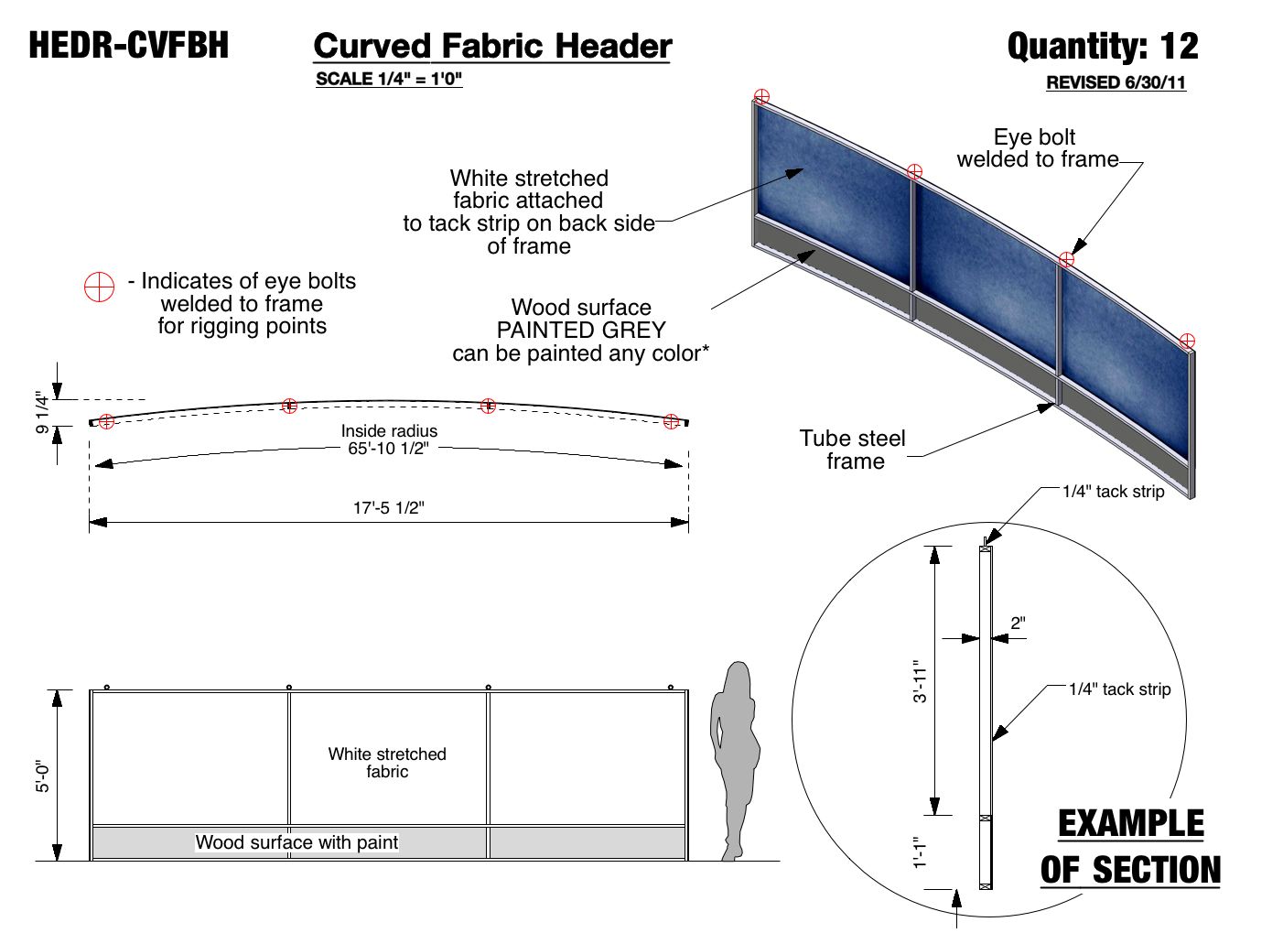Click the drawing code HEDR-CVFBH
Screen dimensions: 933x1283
pos(128,45)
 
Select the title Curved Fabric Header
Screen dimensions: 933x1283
pos(492,47)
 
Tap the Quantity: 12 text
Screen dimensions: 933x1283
pos(1102,47)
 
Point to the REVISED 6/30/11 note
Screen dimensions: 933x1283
pos(1116,82)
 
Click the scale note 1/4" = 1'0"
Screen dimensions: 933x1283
pos(389,79)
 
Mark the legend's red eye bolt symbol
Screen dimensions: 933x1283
pos(99,287)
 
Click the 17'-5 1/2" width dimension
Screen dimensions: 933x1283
pos(389,508)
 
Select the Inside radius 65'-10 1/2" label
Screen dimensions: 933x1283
pos(389,439)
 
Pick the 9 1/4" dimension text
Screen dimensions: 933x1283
pos(42,413)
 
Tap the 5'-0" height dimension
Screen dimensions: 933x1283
pos(43,775)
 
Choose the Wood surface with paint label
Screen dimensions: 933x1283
pos(296,842)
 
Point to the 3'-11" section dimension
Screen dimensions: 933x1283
pos(920,681)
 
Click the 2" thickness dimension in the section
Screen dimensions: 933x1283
pos(1018,624)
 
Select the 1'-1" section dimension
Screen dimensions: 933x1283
pos(920,852)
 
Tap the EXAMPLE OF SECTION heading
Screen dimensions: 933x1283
pos(1131,847)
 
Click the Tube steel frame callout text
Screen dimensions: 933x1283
pos(853,450)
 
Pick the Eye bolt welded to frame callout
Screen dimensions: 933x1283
pos(1037,148)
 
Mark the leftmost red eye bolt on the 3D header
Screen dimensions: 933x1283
pos(761,97)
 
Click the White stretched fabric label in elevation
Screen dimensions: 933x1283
pos(387,763)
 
